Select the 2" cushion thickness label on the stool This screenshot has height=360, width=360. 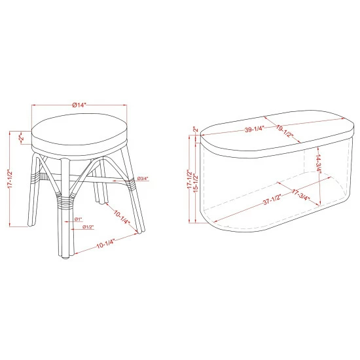click(x=22, y=139)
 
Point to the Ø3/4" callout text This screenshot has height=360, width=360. click(x=143, y=179)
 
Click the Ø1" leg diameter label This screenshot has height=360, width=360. click(x=77, y=219)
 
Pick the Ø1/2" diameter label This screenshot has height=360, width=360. click(x=88, y=226)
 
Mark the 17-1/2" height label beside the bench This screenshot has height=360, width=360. click(x=189, y=177)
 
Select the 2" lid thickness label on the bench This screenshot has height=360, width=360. click(x=194, y=130)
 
